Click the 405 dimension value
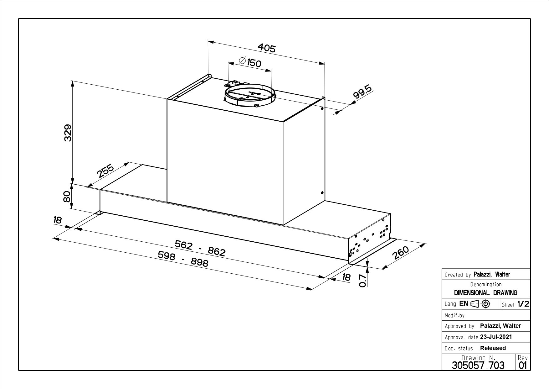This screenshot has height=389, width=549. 266,48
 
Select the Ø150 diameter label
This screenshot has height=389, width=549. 249,62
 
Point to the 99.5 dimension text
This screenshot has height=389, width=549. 362,93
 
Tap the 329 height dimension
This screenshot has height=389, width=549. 68,133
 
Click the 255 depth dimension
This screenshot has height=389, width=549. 105,171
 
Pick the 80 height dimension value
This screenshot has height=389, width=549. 67,197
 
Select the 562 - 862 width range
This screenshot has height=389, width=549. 200,248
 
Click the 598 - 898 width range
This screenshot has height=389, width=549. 183,259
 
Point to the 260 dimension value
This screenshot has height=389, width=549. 401,253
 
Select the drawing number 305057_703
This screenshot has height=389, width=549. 478,365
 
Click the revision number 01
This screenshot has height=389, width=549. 523,365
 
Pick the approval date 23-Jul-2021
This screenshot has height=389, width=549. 496,337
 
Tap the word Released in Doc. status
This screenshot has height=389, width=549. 493,348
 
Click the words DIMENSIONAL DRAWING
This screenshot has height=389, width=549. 485,293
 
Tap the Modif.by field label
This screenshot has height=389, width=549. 454,315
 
